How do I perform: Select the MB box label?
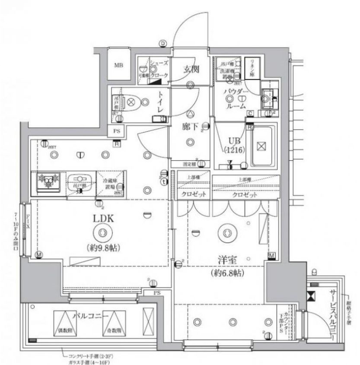118,66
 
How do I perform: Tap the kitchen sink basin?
80,181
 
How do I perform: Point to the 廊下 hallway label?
190,127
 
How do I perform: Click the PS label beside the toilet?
116,131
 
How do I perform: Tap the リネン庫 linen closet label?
252,68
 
